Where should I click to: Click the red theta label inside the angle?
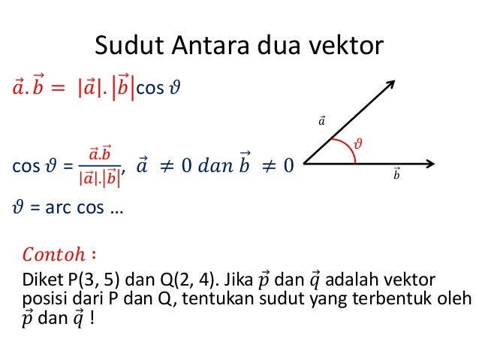tap(357, 141)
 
